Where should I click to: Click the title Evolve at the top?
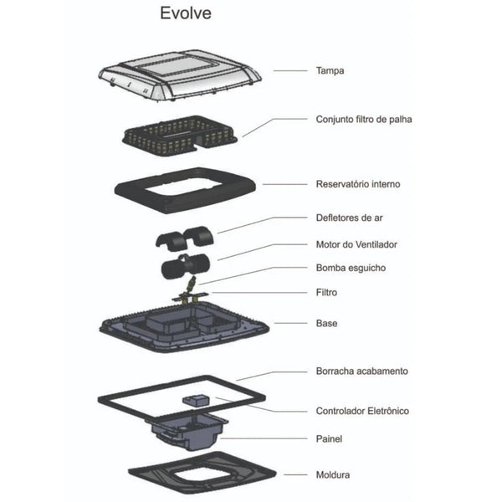coord(186,13)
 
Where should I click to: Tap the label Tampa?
coord(330,71)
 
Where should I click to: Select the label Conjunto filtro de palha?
coord(364,120)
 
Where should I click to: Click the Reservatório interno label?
coord(358,184)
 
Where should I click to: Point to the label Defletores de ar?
coord(349,218)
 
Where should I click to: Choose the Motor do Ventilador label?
coord(356,244)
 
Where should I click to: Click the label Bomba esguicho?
coord(351,268)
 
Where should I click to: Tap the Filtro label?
coord(326,292)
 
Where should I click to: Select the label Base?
coord(326,323)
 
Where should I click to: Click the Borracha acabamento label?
coord(361,371)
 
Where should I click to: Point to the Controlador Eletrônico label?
coord(362,411)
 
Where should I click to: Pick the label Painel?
coord(329,438)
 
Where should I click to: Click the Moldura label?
coord(333,474)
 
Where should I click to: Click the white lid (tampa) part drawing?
coord(179,75)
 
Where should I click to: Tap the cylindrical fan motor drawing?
coord(185,266)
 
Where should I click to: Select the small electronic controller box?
coord(195,400)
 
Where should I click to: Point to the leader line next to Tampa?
coord(290,71)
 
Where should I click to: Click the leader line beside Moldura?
coord(295,474)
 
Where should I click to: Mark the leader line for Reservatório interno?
coord(285,184)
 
